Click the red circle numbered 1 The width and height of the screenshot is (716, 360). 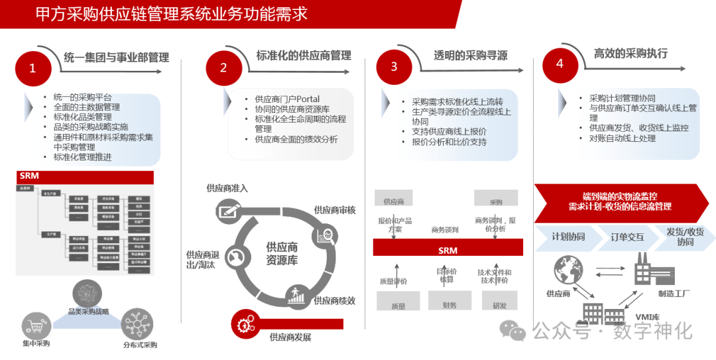(32, 68)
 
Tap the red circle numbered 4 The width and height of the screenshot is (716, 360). (560, 64)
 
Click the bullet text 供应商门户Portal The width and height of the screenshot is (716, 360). (287, 99)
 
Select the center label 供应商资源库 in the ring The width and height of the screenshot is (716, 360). (282, 253)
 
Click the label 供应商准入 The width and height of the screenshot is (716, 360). (227, 188)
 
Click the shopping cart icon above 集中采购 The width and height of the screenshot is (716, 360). (35, 326)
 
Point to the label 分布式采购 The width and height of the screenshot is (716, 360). (140, 345)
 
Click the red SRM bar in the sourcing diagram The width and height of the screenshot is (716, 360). (448, 250)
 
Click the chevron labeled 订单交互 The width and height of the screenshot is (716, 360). (626, 237)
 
